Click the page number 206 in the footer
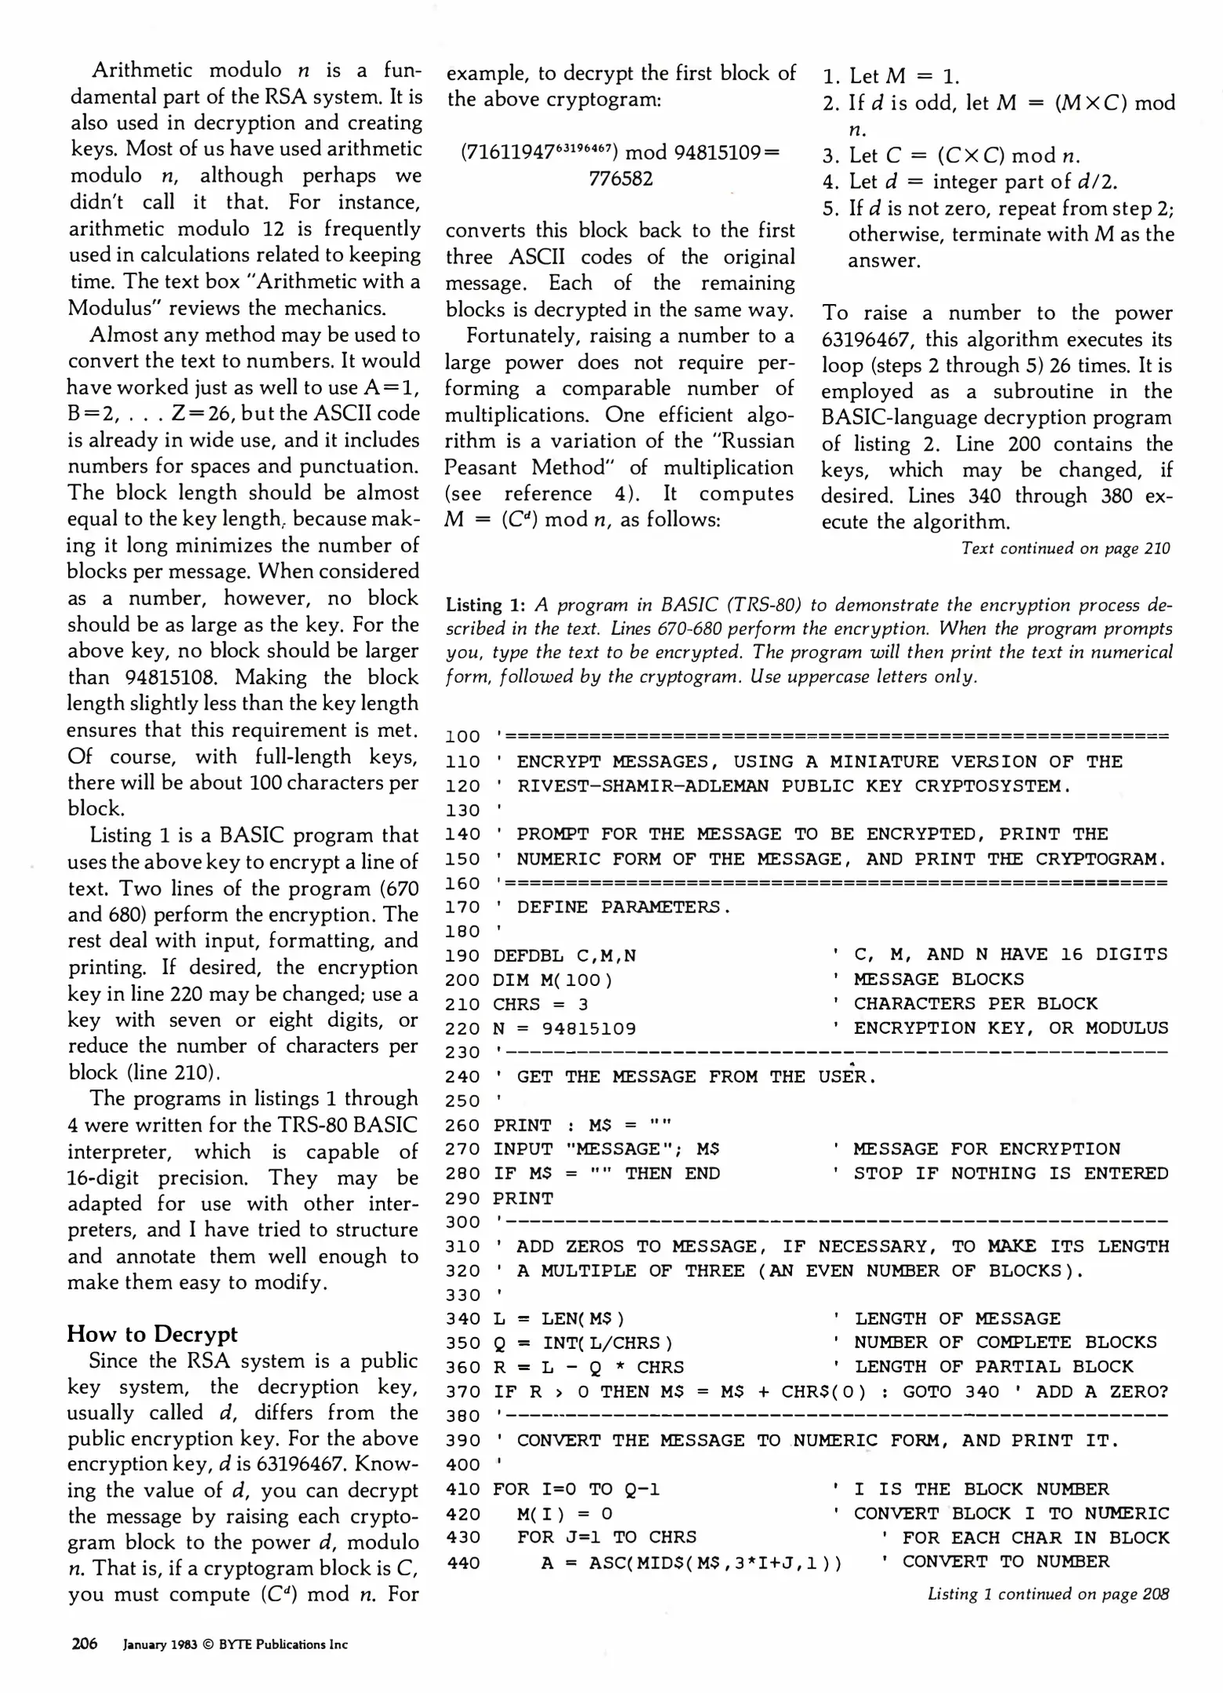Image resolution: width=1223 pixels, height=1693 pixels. coord(84,1644)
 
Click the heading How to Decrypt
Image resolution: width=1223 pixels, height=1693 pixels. coord(152,1334)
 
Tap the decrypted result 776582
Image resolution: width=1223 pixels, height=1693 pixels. coord(621,179)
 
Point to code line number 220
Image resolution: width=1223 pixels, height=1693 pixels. coord(461,1028)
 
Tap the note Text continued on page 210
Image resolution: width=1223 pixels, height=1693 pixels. coord(1065,549)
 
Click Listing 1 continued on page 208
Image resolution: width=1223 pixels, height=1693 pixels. coord(1048,1593)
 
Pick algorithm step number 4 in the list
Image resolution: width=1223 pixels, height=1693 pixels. coord(830,182)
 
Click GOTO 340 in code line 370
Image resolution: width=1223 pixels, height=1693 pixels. coord(950,1392)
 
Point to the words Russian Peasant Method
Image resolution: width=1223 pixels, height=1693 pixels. coord(619,454)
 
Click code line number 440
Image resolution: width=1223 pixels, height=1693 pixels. coord(461,1562)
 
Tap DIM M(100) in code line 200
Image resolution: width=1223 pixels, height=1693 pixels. coord(552,980)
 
